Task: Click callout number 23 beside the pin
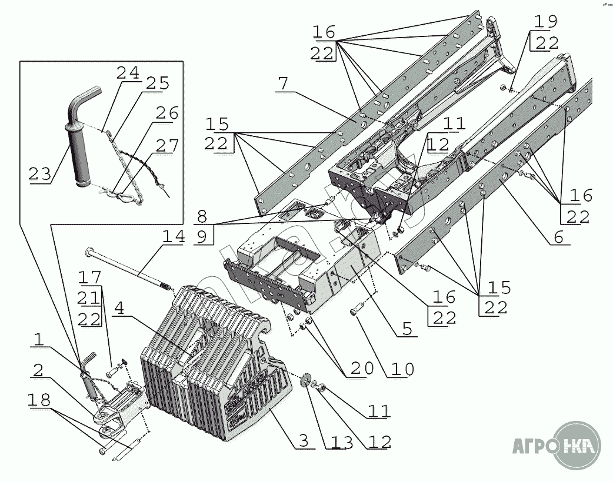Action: (x=40, y=173)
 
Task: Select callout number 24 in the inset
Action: (x=128, y=73)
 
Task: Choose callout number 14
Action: (x=174, y=237)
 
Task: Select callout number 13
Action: (x=339, y=443)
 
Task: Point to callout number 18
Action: (x=39, y=399)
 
